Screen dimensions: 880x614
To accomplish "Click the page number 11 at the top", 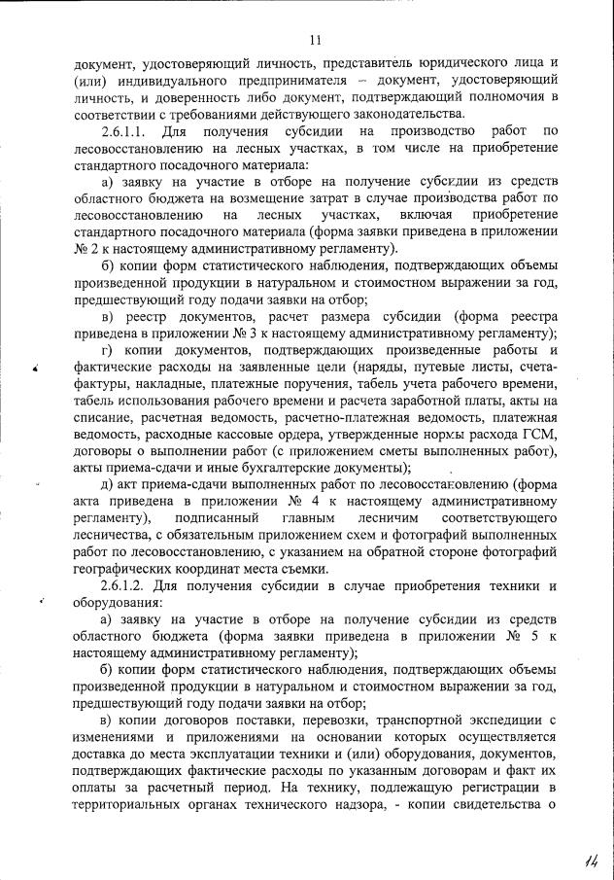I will [x=315, y=40].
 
